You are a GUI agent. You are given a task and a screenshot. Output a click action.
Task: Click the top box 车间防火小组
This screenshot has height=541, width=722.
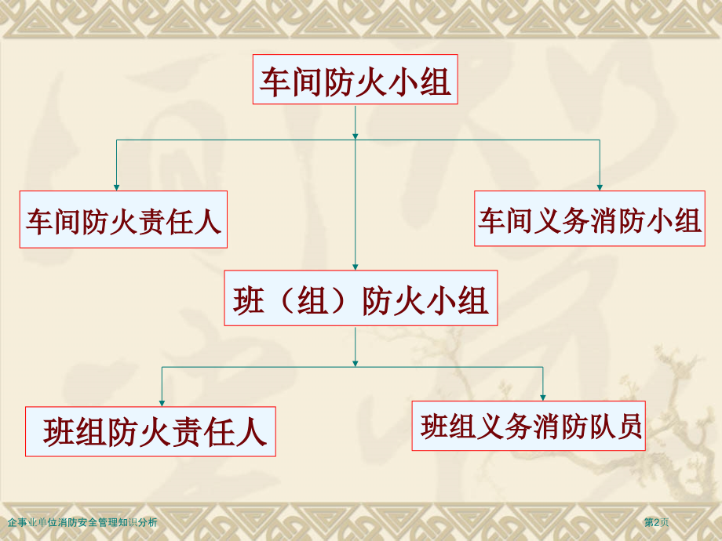tap(355, 80)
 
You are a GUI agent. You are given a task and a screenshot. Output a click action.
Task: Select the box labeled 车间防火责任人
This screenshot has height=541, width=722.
tap(123, 220)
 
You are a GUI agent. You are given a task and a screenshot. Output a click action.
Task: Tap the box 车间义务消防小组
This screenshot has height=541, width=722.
tap(589, 219)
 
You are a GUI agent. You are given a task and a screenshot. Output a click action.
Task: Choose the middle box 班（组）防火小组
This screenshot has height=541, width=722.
tap(360, 298)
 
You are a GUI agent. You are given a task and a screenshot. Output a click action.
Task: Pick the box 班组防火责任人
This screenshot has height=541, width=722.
tap(151, 431)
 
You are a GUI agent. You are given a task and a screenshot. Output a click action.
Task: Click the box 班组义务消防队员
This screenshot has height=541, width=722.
tap(529, 426)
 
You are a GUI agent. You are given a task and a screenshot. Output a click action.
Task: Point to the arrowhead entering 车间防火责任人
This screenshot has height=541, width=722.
tap(117, 187)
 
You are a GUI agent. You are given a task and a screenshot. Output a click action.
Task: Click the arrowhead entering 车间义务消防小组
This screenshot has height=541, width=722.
tap(599, 187)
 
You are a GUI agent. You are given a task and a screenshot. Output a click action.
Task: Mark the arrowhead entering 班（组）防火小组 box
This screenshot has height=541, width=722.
tap(356, 267)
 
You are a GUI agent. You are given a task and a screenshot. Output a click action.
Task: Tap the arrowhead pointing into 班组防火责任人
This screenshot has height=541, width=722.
tap(162, 401)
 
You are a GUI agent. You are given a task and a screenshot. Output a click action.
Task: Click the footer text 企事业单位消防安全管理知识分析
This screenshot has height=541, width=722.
tap(82, 522)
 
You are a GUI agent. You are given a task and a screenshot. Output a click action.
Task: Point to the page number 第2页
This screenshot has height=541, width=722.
tap(657, 522)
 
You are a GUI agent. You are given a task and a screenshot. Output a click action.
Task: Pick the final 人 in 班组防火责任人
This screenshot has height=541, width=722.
tap(250, 432)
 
